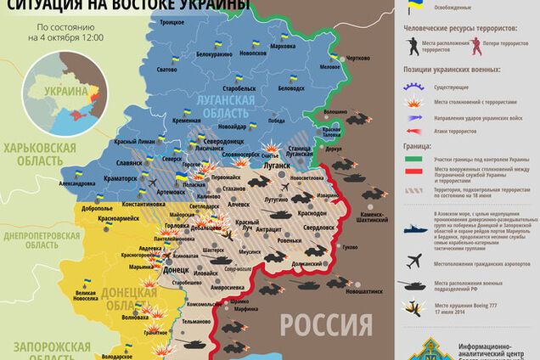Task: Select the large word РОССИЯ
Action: point(328,323)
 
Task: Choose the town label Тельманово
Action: point(195,322)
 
